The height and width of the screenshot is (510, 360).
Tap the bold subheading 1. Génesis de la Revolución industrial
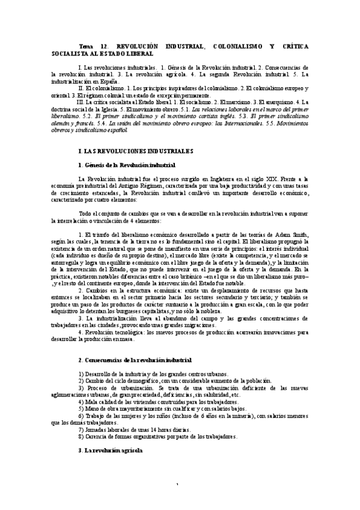[127, 165]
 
